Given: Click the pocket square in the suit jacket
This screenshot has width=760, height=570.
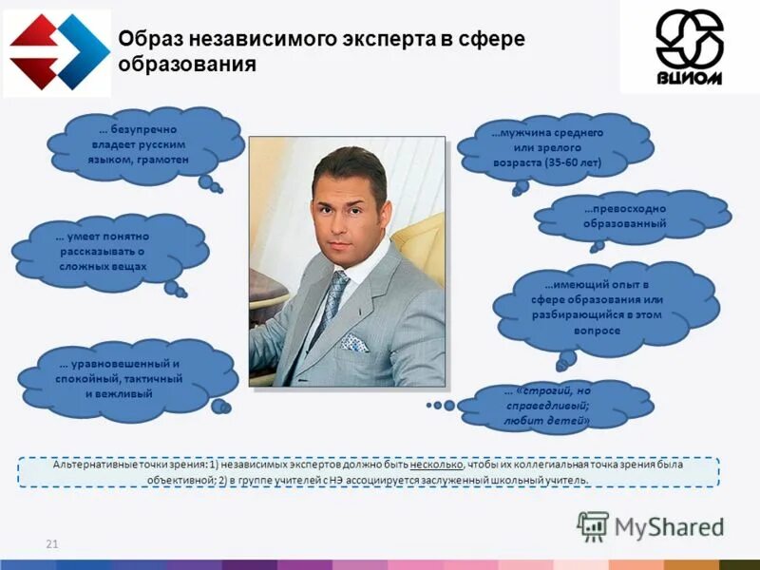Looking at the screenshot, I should [353, 342].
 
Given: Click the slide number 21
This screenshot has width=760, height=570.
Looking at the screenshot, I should [52, 543].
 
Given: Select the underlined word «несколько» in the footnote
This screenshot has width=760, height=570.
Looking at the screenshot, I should [438, 465].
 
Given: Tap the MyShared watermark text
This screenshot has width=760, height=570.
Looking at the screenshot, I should [669, 527].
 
